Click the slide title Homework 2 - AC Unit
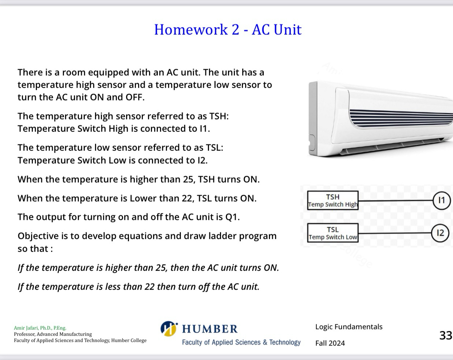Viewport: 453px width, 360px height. pos(228,30)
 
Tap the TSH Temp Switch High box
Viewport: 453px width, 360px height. pos(333,200)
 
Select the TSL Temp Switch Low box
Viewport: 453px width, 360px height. pos(333,233)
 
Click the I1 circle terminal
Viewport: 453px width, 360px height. pos(442,200)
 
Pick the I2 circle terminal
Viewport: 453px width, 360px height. pos(440,233)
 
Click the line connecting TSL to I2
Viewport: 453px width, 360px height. pos(395,233)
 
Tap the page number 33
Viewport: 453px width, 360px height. pos(446,335)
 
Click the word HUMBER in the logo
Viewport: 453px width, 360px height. pos(210,329)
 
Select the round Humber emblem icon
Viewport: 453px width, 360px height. pos(168,329)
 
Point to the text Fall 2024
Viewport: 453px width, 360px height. pos(330,343)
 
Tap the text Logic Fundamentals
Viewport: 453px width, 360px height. pos(349,327)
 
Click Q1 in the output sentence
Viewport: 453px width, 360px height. pos(232,217)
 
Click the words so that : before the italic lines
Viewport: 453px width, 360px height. pos(35,249)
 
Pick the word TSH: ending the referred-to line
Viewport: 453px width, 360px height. pos(218,116)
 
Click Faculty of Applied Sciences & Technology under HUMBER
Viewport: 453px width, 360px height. pos(241,342)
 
